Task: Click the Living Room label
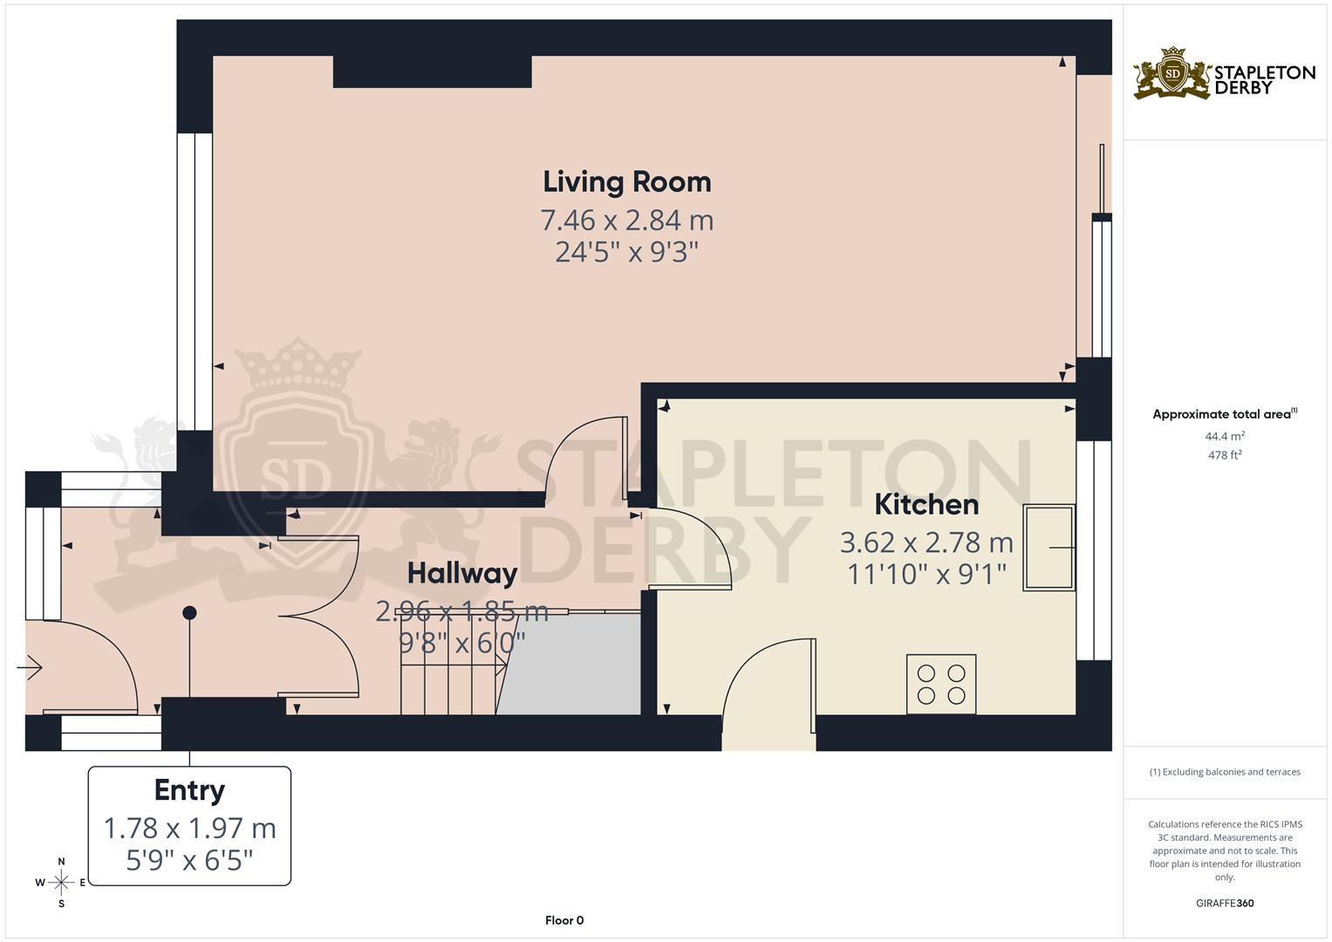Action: click(627, 181)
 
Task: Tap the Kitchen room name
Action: click(926, 504)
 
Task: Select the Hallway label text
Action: click(462, 573)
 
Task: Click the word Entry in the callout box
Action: click(189, 790)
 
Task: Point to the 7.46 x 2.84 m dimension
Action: click(627, 220)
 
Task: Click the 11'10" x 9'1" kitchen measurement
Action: click(926, 574)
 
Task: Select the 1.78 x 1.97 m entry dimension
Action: click(189, 828)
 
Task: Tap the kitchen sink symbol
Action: click(1049, 548)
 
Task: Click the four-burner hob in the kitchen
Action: click(941, 684)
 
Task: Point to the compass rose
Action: click(61, 883)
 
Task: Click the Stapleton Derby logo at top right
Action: click(1224, 74)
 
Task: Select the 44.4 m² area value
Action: click(1225, 436)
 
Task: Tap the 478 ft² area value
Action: click(1225, 455)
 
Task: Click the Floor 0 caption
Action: click(564, 920)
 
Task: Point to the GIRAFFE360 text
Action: click(1225, 903)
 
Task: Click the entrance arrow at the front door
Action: click(30, 668)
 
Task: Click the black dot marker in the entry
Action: click(189, 613)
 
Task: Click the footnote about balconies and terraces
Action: click(1225, 772)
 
